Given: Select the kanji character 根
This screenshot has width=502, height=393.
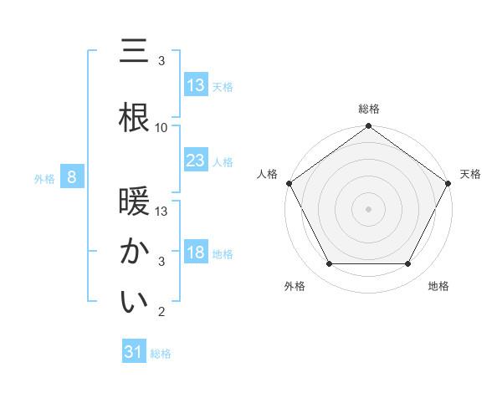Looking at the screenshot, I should point(133,118).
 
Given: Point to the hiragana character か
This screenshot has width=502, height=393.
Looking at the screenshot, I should point(133,252).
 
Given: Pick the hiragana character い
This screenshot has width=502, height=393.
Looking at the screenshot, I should point(133,302).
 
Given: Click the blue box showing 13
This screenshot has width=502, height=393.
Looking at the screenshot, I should point(196,85).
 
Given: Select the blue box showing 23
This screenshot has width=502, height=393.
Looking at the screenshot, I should point(196,161).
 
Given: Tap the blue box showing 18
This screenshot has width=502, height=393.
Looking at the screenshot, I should point(196,253).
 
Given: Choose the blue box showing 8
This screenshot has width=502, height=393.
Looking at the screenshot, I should point(72,177).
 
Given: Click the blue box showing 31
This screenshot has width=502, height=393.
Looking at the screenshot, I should point(134,352).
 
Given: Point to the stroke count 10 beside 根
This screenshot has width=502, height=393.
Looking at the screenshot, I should point(161,128).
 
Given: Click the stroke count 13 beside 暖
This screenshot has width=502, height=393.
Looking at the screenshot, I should point(161,212).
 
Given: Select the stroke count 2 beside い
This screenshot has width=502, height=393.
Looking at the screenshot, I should point(161,312).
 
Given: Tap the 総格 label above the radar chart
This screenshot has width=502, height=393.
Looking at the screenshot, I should point(368,109).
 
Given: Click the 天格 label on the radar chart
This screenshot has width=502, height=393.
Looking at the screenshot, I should point(470,174).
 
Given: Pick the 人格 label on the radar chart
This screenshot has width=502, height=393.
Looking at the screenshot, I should point(267,174).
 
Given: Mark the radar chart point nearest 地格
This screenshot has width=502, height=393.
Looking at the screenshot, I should point(408,264).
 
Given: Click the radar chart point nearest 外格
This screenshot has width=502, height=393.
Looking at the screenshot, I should point(329,264).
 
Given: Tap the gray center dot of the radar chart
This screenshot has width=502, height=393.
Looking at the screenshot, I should point(368,208).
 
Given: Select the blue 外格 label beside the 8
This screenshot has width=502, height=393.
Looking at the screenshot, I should point(44,178).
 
